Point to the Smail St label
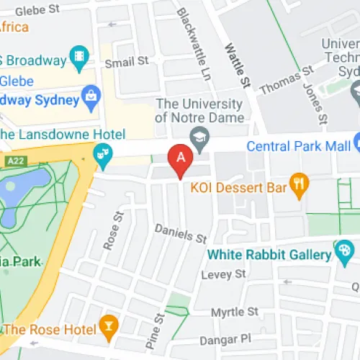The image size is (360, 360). click(127, 63)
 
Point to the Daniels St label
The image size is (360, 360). click(181, 233)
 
